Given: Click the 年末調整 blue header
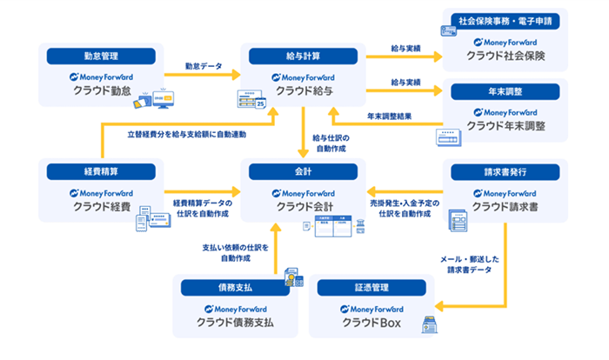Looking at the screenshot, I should [505, 90].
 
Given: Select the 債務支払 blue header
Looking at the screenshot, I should [235, 288].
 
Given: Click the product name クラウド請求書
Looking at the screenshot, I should [505, 206].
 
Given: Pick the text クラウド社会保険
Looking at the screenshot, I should [505, 56].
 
